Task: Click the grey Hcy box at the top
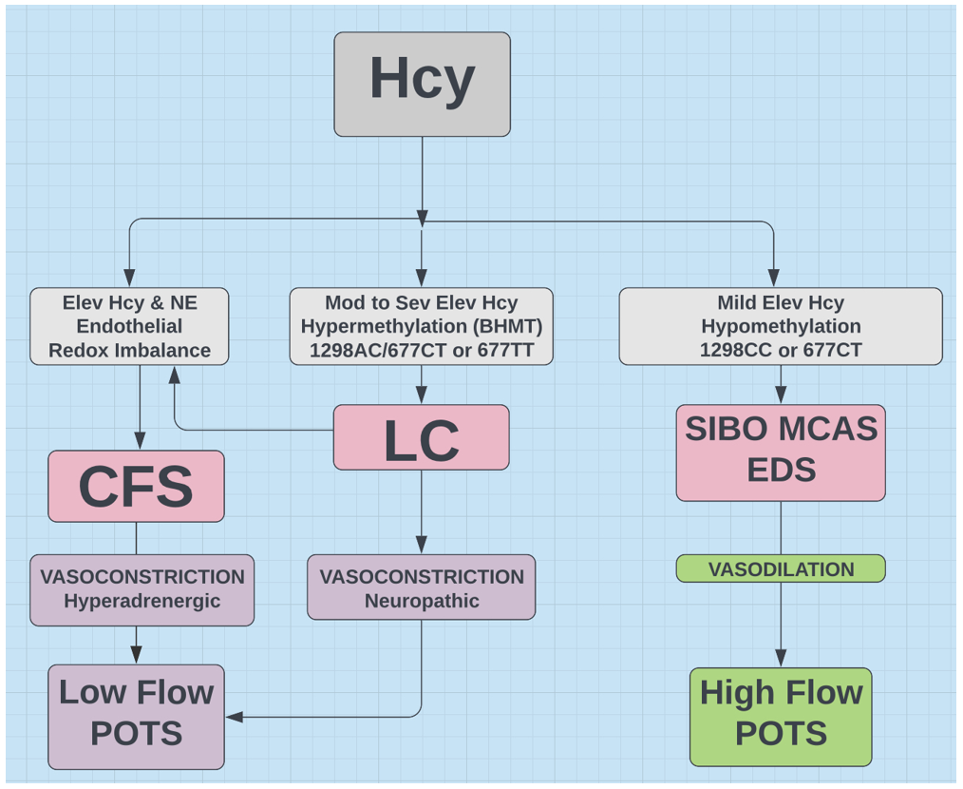422,84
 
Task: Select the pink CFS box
136,486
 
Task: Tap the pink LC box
421,438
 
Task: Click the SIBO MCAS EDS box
781,452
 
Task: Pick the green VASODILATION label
781,569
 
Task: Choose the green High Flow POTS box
781,716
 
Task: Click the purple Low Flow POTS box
136,716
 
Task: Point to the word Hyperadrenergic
142,601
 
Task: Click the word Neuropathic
421,601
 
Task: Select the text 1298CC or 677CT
781,349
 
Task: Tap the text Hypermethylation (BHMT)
421,326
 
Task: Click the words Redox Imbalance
129,349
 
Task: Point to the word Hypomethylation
781,326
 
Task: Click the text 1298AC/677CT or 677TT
421,349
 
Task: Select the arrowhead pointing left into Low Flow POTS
234,716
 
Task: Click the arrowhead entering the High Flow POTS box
781,658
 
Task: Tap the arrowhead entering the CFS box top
140,441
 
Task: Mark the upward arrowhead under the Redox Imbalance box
174,375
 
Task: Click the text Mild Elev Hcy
781,303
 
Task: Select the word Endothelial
129,326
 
